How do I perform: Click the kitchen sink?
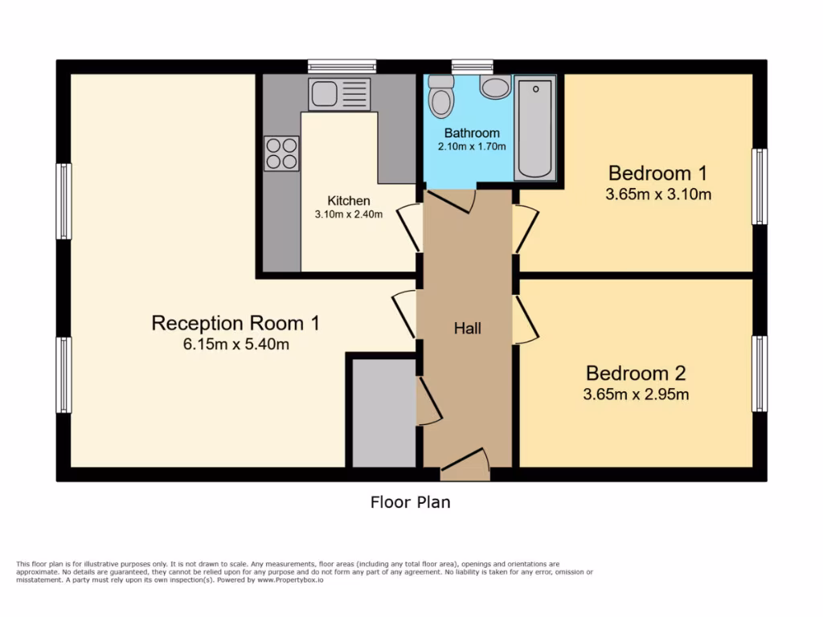(339, 94)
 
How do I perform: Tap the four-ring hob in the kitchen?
(281, 153)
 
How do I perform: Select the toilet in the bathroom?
(440, 97)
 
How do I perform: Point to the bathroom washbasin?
(495, 87)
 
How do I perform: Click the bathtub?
(534, 127)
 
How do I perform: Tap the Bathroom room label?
(472, 133)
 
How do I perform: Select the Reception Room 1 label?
(235, 323)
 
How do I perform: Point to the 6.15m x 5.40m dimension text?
(235, 345)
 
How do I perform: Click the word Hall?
(467, 328)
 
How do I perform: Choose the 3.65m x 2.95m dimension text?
(637, 394)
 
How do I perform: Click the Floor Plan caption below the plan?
(410, 503)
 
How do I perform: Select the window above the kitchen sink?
(342, 67)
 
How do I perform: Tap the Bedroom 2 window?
(759, 374)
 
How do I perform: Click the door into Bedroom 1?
(524, 229)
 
